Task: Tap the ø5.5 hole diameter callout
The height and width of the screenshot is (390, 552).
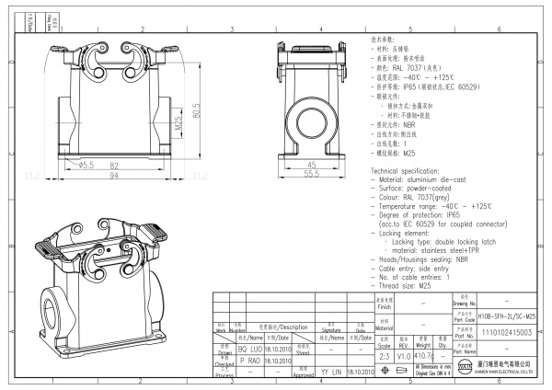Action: [86, 165]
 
